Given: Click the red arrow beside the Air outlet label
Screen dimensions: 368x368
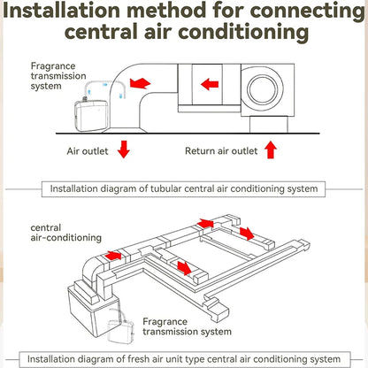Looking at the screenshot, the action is tap(124, 149).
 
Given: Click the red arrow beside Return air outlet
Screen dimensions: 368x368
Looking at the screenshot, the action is tap(271, 149).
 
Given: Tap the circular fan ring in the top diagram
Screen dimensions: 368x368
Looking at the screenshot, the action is tap(263, 88).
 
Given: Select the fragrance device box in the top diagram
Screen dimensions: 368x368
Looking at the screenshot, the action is tap(91, 116).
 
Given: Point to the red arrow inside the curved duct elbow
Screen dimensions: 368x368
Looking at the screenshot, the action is tap(140, 83).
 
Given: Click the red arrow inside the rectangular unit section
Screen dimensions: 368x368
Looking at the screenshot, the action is tap(210, 84).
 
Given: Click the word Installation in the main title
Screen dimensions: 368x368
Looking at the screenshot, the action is tap(61, 11).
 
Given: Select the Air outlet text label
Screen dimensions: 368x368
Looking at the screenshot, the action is tap(88, 151).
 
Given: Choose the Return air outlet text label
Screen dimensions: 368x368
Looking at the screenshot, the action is tap(221, 151).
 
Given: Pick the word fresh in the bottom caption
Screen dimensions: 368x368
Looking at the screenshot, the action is tap(138, 359).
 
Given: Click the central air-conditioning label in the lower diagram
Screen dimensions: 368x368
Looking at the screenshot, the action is tap(66, 233).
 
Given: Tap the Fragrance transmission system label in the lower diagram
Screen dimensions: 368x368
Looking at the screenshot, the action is tap(187, 326).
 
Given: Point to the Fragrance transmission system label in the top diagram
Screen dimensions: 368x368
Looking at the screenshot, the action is tap(58, 76).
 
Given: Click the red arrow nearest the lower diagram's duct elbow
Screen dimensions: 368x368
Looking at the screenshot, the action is tap(113, 256).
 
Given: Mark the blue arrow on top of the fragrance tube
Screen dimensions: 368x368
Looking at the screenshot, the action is tap(105, 85).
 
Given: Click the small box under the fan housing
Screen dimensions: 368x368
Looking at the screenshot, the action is tap(269, 125).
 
